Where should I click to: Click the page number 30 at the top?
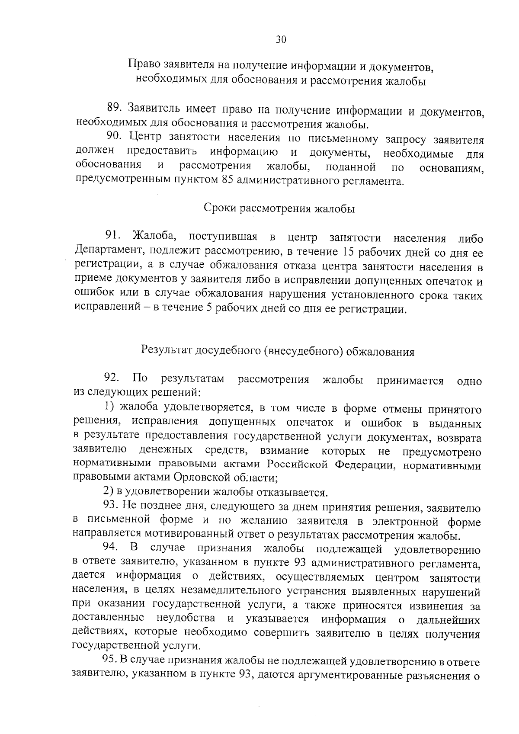pyautogui.click(x=281, y=40)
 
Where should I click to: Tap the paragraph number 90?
pyautogui.click(x=115, y=138)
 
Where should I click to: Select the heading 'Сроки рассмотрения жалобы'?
pyautogui.click(x=279, y=208)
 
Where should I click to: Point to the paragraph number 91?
pyautogui.click(x=114, y=237)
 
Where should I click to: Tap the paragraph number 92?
pyautogui.click(x=112, y=379)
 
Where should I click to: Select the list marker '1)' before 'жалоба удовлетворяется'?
pyautogui.click(x=110, y=407)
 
